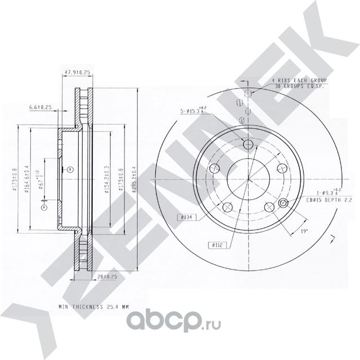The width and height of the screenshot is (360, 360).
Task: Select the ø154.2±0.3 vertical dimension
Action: tap(107, 179)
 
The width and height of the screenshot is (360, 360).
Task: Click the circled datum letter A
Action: tap(43, 206)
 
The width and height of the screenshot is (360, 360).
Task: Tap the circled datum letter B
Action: tap(69, 169)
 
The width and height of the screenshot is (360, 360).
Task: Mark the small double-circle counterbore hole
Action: tap(283, 204)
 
